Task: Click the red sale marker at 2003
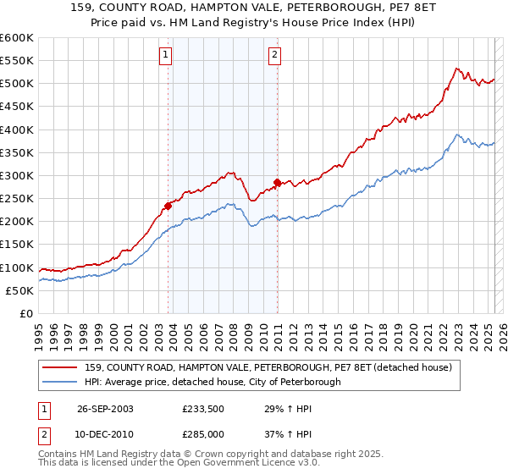click(x=168, y=205)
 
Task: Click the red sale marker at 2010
click(x=277, y=181)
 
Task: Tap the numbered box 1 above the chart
click(x=166, y=57)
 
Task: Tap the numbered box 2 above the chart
click(x=276, y=57)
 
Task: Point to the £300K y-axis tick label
click(x=17, y=175)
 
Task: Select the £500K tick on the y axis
click(x=17, y=83)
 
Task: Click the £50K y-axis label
click(x=20, y=290)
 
